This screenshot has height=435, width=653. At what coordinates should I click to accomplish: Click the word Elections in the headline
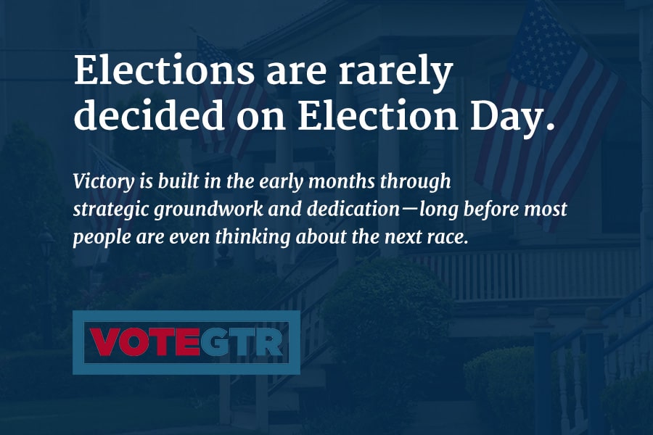pos(164,70)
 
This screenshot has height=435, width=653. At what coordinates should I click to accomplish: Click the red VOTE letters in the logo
pos(145,342)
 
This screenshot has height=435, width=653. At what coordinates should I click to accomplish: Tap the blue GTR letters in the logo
pos(242,342)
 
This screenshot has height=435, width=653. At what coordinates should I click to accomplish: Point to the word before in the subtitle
pos(491,209)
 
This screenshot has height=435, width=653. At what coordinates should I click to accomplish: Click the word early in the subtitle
pos(281,182)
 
